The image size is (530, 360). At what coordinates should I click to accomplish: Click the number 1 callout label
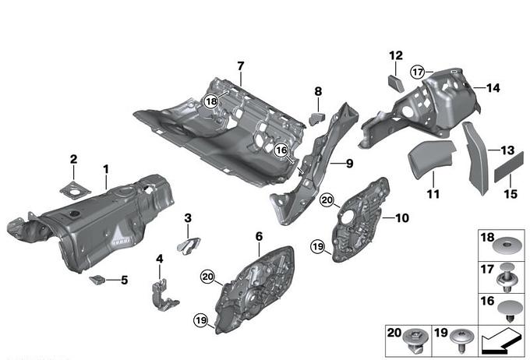click(106, 169)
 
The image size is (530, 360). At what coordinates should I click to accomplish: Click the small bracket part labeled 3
click(185, 244)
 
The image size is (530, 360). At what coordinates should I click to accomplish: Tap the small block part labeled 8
click(317, 118)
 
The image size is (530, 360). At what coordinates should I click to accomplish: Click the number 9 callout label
click(349, 164)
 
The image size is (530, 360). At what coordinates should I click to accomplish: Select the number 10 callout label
click(402, 219)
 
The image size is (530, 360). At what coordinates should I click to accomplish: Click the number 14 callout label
click(492, 87)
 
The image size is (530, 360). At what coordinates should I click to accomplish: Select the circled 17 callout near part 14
click(419, 71)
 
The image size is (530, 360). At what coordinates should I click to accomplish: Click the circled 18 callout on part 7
click(210, 101)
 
